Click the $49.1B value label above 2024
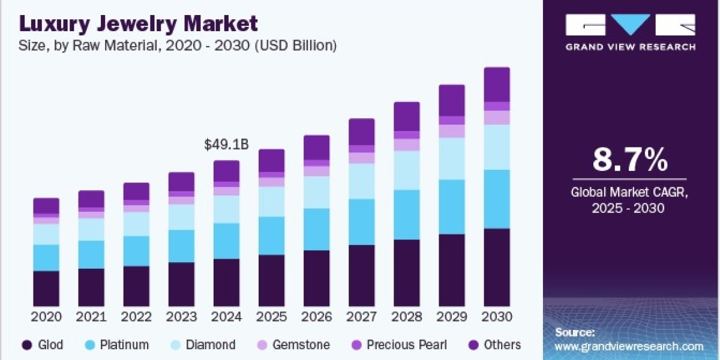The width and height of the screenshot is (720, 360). point(227,145)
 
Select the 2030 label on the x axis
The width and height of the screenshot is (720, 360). point(497,317)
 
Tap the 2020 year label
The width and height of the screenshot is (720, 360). point(46,317)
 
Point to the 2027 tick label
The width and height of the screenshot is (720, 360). point(362,317)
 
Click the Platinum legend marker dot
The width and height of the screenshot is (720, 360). point(91,345)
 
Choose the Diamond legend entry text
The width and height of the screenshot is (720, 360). point(211,345)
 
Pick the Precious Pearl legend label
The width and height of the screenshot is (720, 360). point(407,345)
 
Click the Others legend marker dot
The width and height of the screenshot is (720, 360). point(473,345)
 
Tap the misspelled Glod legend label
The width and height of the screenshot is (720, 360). point(50,345)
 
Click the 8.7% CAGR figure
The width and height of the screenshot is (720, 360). point(630,160)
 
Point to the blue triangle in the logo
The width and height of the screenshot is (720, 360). point(631,24)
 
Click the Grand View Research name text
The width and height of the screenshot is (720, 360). point(631,47)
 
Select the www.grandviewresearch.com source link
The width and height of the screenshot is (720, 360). point(629,347)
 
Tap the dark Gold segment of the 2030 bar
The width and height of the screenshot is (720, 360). point(497,268)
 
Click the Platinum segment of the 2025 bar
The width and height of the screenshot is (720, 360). point(272,236)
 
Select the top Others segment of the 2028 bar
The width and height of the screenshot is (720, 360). point(407,116)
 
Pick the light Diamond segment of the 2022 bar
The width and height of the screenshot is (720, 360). point(136,224)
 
